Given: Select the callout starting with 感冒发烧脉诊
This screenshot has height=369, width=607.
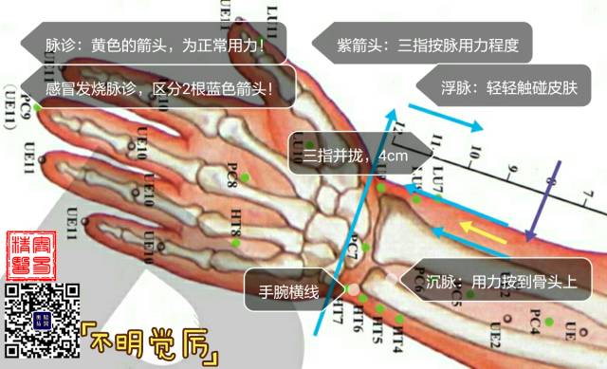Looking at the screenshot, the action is tap(157, 89).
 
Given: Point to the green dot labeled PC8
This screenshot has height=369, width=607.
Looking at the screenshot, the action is tap(246, 177).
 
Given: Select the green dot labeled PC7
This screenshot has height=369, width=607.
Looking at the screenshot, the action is tap(365, 249).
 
